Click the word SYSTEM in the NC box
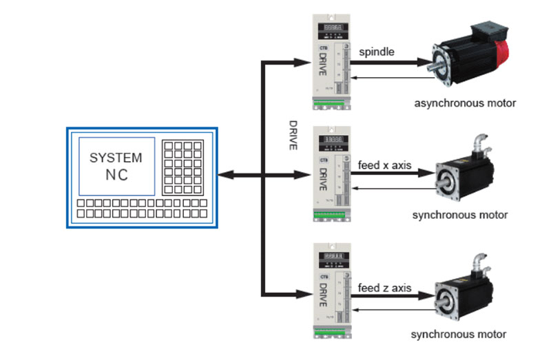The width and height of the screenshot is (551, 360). tap(116, 158)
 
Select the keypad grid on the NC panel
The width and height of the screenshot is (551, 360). tap(183, 167)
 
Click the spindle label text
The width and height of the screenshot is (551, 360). tap(377, 51)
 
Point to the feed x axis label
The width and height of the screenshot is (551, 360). tap(386, 165)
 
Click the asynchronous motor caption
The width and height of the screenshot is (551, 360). tap(465, 104)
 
